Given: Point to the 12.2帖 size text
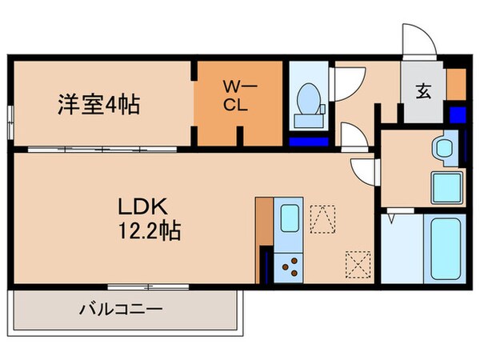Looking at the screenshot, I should (x=149, y=232).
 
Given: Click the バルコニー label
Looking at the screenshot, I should (x=121, y=308).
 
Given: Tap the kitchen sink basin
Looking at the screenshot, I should (x=289, y=218).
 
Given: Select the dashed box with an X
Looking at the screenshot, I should (x=356, y=261).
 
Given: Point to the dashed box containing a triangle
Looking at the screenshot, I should (x=322, y=218).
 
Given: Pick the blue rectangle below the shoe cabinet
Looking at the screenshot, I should (x=457, y=114).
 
